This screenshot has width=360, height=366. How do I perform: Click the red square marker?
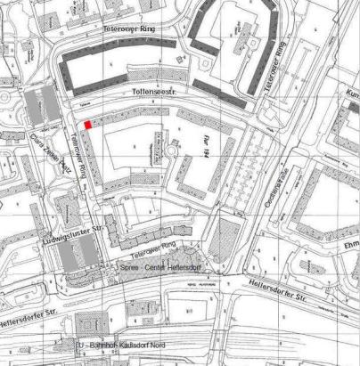[86, 128]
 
